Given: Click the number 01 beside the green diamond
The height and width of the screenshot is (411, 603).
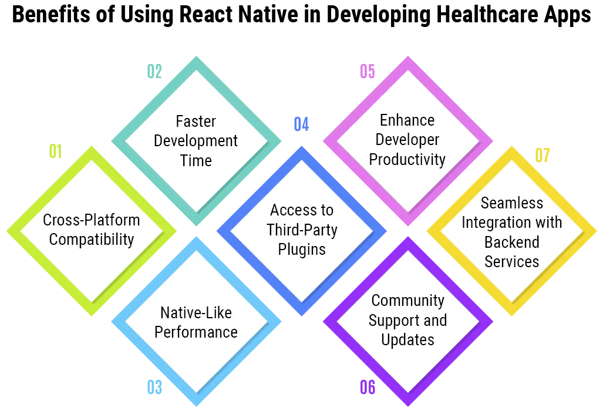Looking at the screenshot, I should point(54,152).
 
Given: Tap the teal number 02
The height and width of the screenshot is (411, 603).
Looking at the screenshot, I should point(154,72).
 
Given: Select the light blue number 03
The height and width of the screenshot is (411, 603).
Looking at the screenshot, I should point(154,386).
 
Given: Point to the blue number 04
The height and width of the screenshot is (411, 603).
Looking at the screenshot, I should point(301,124).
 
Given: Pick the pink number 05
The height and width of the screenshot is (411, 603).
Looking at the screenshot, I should point(367,72).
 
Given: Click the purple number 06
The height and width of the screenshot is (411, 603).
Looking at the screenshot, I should point(367,386).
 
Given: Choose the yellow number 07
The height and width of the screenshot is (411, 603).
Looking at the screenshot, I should point(543,156).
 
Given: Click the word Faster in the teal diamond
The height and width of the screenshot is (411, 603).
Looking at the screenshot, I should point(196,122).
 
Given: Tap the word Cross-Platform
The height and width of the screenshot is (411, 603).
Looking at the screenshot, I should point(92,220).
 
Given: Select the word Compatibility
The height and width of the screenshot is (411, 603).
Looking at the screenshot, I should point(92,240).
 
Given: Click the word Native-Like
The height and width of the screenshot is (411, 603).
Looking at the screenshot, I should point(196,312).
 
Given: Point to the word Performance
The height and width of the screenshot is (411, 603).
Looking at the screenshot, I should point(196,332).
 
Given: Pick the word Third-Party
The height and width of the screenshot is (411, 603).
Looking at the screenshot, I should point(302,230).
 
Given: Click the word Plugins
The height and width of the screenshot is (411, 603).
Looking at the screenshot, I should point(302,250).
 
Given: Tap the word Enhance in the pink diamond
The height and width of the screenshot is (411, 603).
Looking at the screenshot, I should point(407,120).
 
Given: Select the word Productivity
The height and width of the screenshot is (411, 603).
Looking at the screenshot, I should point(407,160).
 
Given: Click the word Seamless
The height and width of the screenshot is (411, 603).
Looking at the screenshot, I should point(511,203).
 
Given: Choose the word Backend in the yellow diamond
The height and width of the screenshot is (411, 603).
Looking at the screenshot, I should point(511,242).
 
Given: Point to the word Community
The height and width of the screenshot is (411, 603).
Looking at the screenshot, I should point(407,301).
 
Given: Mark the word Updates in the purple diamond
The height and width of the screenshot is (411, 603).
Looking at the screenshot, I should point(407,340).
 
